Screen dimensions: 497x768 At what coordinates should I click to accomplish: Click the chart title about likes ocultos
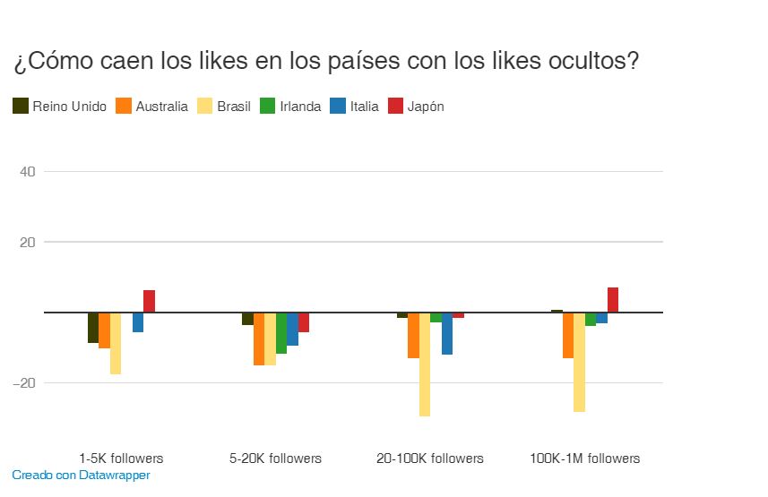pos(326,62)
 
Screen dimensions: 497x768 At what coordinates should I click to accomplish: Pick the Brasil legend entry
pos(224,107)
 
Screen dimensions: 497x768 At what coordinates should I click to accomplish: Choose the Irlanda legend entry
pos(290,107)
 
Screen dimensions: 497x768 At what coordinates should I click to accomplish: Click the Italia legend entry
pos(355,107)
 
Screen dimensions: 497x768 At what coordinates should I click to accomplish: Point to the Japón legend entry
pos(416,107)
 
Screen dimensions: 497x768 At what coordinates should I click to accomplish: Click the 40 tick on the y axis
pos(27,171)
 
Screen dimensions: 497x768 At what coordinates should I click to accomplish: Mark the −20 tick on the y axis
pos(25,382)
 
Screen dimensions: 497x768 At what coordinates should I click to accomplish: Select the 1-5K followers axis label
pos(121,458)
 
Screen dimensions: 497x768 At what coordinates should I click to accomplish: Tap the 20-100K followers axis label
pos(430,458)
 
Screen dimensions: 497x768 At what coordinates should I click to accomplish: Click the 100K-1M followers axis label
pos(585,458)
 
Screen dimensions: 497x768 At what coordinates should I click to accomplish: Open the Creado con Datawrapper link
pos(81,476)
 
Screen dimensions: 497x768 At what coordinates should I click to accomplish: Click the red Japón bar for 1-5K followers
pos(150,302)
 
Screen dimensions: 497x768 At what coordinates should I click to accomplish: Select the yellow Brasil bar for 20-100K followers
pos(425,364)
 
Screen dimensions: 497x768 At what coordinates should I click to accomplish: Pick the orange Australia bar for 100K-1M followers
pos(568,336)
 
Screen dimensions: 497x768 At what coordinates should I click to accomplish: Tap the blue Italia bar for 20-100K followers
pos(447,334)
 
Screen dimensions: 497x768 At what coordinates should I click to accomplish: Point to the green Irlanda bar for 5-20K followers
pos(281,333)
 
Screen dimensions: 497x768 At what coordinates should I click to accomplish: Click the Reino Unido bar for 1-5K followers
pos(93,328)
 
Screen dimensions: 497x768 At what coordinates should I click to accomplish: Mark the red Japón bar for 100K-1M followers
pos(613,300)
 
